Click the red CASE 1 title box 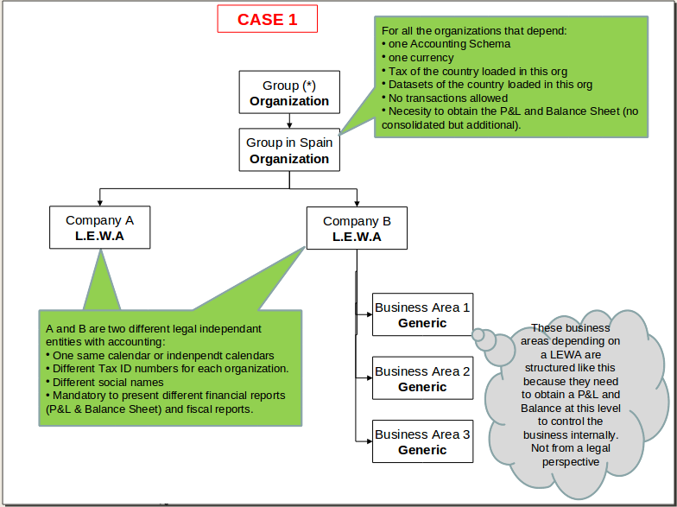pyautogui.click(x=267, y=19)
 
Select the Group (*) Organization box pyautogui.click(x=289, y=93)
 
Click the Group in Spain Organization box pyautogui.click(x=289, y=150)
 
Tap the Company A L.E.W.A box pyautogui.click(x=99, y=228)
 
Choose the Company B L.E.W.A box pyautogui.click(x=357, y=228)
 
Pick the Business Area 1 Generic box pyautogui.click(x=422, y=314)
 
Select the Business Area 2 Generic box pyautogui.click(x=422, y=378)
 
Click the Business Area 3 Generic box pyautogui.click(x=422, y=441)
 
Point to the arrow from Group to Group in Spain pyautogui.click(x=289, y=122)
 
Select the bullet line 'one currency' pyautogui.click(x=421, y=58)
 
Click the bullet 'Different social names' pyautogui.click(x=108, y=382)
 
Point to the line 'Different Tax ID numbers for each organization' pyautogui.click(x=170, y=369)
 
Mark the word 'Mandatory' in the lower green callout pyautogui.click(x=81, y=396)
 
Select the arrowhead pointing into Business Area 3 pyautogui.click(x=369, y=440)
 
